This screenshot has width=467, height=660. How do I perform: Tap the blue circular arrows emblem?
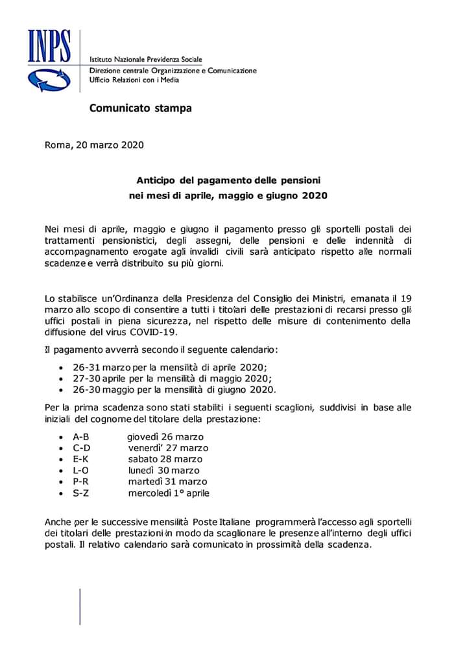tap(47, 78)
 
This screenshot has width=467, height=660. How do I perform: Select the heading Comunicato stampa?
tap(141, 108)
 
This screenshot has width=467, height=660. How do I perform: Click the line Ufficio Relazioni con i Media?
tap(134, 80)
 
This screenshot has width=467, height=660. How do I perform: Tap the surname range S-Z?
tap(81, 493)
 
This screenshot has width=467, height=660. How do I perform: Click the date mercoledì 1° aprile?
tap(169, 493)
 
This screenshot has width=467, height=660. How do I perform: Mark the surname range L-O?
tap(82, 470)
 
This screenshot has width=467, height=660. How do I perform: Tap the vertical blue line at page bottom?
tap(80, 607)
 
